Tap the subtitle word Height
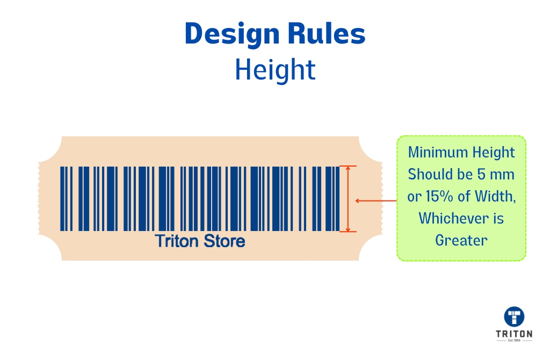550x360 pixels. tap(275, 70)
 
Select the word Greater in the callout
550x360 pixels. tap(461, 240)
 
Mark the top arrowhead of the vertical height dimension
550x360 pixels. tap(348, 169)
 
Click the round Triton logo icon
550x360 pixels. tap(514, 316)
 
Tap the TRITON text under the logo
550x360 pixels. tap(514, 334)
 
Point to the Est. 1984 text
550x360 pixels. tap(514, 341)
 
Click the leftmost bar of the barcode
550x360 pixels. tap(62, 199)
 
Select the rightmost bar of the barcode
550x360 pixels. tap(337, 199)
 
